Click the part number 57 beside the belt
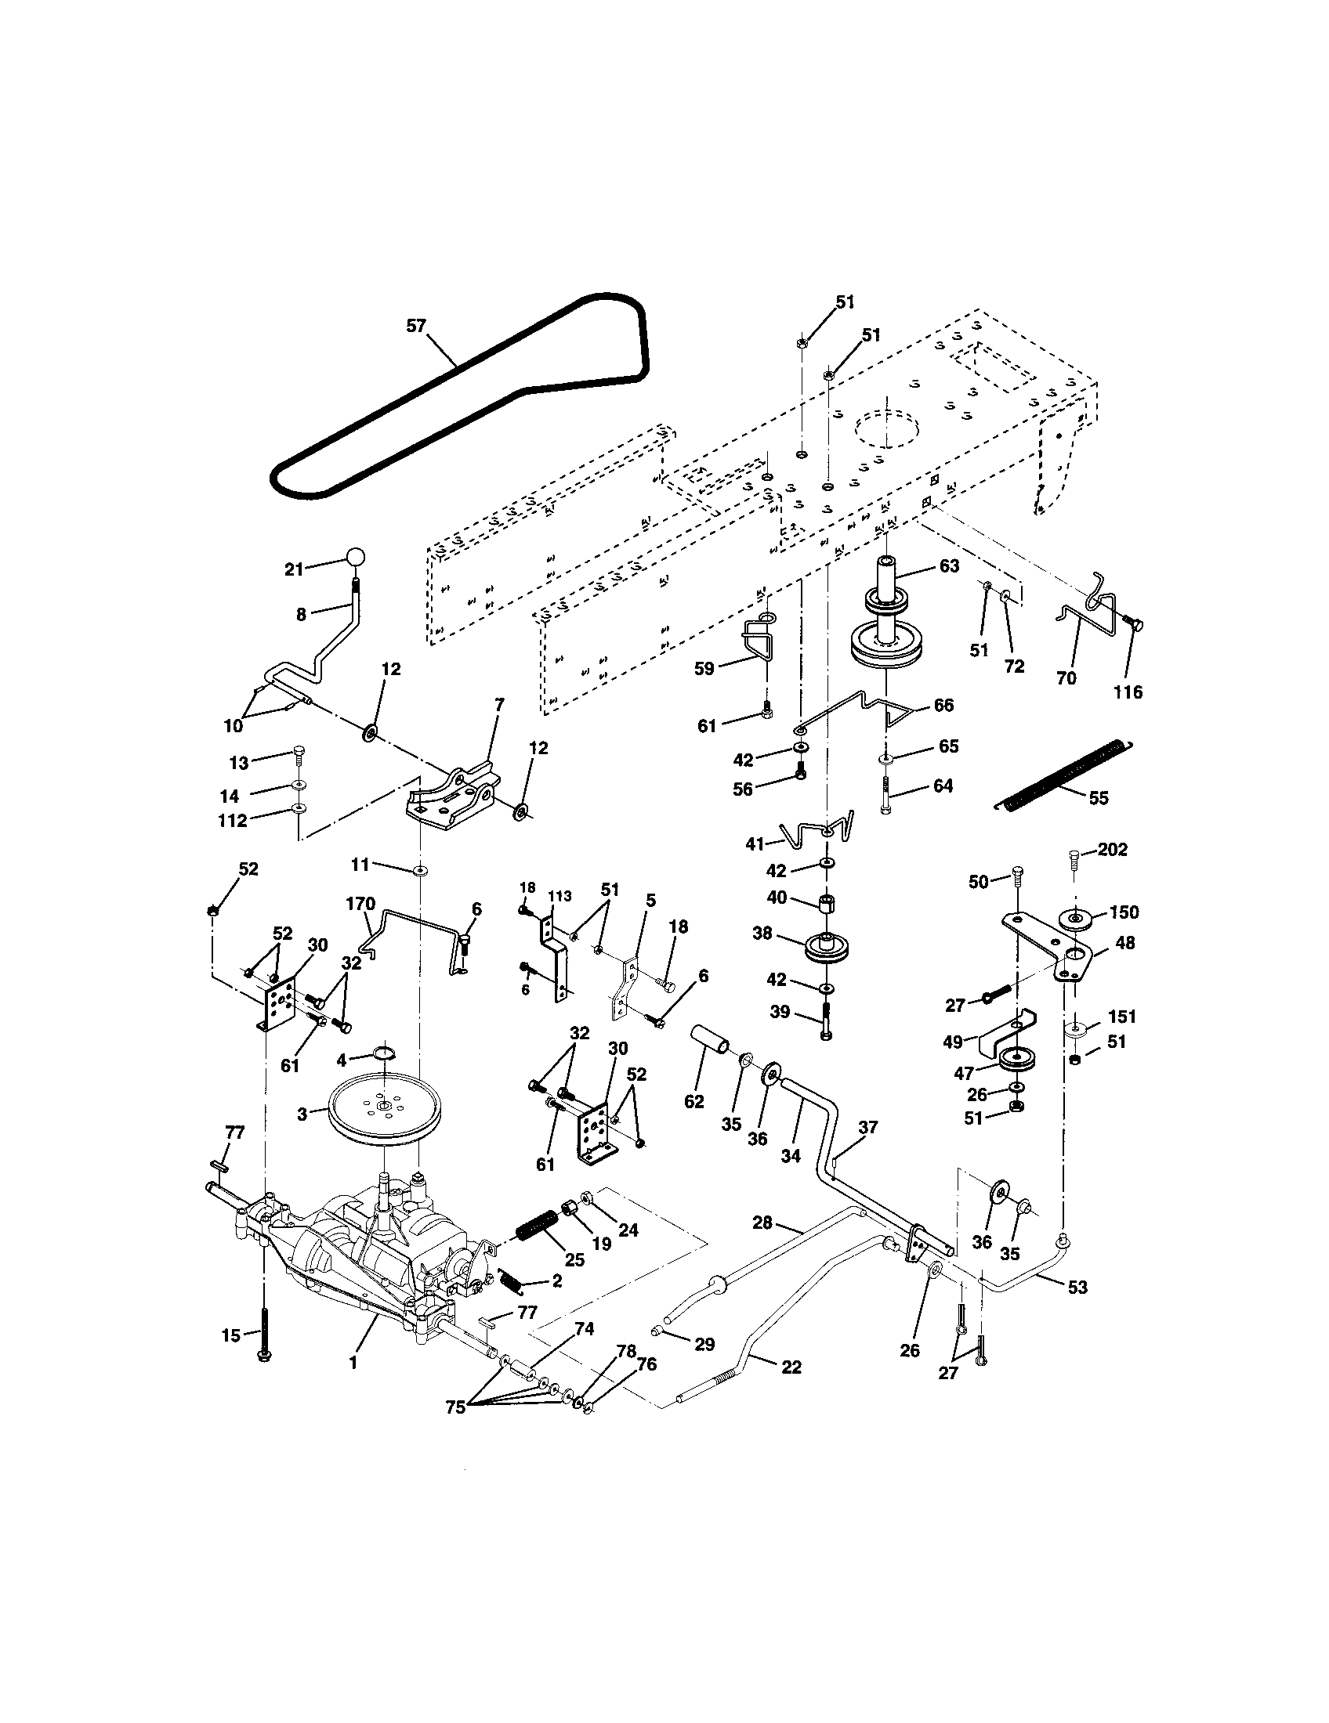(416, 325)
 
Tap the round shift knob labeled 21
(356, 557)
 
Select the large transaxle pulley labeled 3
(383, 1110)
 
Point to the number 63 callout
(949, 565)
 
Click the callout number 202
(1113, 850)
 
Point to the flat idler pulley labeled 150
(1077, 918)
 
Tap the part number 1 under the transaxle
(353, 1363)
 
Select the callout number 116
(1128, 692)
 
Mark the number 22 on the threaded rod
(791, 1367)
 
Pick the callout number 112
(234, 820)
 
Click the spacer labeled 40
(826, 901)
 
